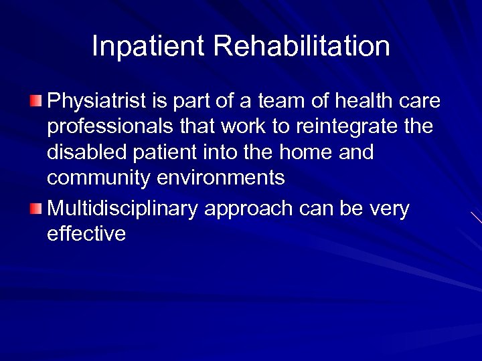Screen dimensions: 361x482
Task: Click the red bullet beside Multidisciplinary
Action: (35, 210)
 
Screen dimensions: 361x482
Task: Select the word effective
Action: (86, 234)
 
